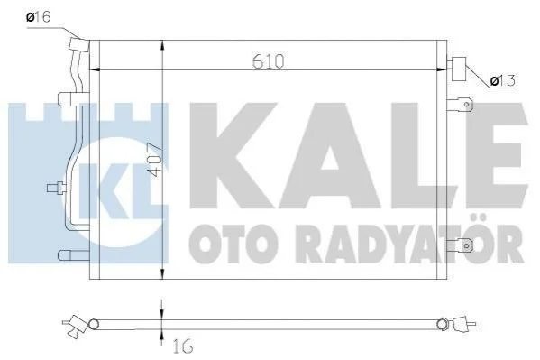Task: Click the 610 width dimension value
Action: click(x=269, y=61)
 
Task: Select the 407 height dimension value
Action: click(x=154, y=160)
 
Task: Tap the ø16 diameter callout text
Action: click(x=39, y=16)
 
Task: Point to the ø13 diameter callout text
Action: click(x=502, y=80)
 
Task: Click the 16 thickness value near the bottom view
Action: click(x=182, y=346)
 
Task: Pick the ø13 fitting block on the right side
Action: click(x=458, y=69)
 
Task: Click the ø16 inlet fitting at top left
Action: click(x=79, y=44)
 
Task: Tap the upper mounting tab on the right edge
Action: click(x=460, y=105)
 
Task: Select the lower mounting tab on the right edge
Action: click(x=460, y=245)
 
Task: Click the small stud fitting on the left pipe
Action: click(x=57, y=188)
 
